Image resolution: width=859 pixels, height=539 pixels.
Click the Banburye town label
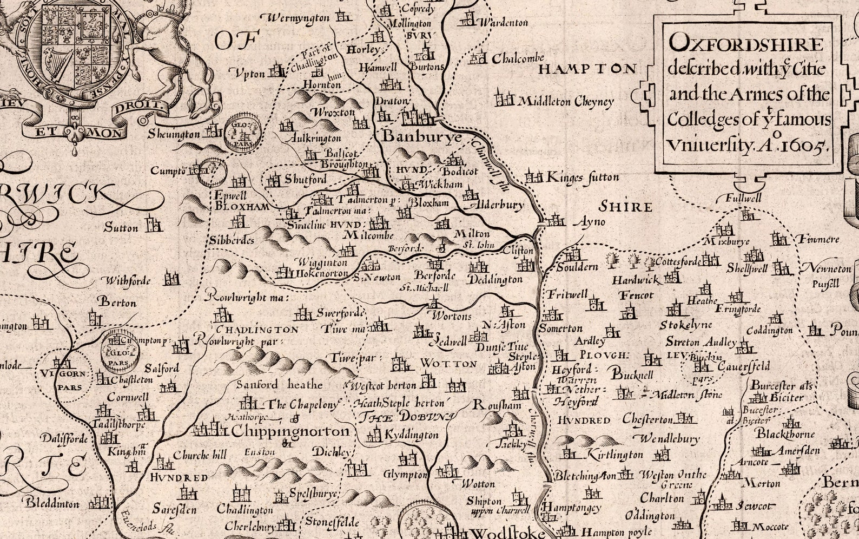pyautogui.click(x=422, y=137)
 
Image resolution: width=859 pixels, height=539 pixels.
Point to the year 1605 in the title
pyautogui.click(x=804, y=145)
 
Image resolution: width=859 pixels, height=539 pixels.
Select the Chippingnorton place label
pyautogui.click(x=290, y=431)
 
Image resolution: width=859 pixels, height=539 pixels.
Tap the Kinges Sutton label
pyautogui.click(x=583, y=177)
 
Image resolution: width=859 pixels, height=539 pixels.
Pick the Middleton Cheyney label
pyautogui.click(x=566, y=101)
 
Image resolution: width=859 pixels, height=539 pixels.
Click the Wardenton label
pyautogui.click(x=503, y=23)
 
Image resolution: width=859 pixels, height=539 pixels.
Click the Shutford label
pyautogui.click(x=305, y=179)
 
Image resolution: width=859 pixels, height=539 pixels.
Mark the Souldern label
pyautogui.click(x=577, y=267)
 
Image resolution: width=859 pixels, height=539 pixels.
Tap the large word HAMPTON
pyautogui.click(x=587, y=69)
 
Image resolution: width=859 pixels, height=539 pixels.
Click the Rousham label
pyautogui.click(x=497, y=405)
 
